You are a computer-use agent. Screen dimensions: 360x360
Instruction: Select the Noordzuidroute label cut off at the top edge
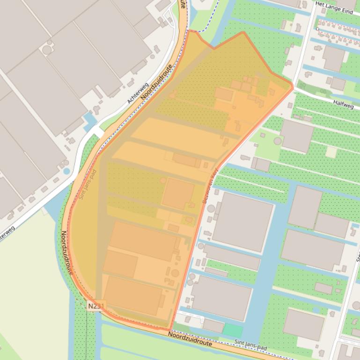pos(183,5)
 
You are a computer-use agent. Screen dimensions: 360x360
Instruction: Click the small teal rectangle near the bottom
pos(233,330)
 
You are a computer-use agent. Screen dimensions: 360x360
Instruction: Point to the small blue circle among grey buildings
pos(66,171)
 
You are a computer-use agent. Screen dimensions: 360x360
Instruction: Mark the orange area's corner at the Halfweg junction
pos(292,86)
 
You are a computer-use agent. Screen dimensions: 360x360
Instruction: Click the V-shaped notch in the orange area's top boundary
pos(214,47)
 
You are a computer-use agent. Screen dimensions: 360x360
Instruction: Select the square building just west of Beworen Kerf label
pos(178,194)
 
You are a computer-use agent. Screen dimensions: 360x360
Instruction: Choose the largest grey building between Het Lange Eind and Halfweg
pos(333,58)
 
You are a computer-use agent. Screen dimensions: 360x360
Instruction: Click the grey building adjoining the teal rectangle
pos(213,326)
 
